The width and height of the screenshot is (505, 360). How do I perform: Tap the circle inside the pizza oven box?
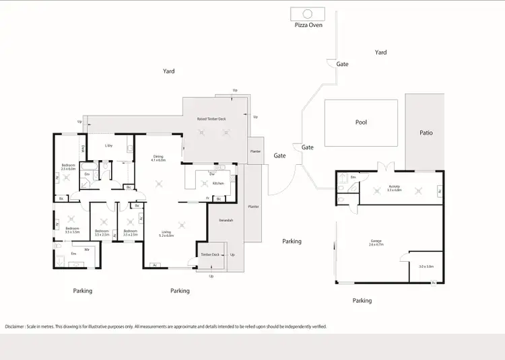click(x=307, y=13)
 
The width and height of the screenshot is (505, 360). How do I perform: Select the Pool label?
click(x=362, y=123)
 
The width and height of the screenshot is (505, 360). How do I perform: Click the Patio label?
click(x=426, y=133)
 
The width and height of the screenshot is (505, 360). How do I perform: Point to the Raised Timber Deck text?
click(x=211, y=118)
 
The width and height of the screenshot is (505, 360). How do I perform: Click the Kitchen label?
click(x=218, y=183)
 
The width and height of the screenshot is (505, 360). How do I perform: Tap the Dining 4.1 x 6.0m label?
click(x=159, y=158)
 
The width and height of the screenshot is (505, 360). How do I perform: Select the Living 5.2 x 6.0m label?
click(x=166, y=234)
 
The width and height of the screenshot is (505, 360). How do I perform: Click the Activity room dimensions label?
click(x=394, y=189)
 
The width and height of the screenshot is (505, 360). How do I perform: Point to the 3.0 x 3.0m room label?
click(x=426, y=266)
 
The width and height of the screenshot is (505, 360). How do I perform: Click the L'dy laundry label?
click(x=108, y=145)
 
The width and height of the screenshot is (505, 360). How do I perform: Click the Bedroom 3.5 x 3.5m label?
click(x=72, y=229)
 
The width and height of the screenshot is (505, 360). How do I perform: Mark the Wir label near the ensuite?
click(x=87, y=250)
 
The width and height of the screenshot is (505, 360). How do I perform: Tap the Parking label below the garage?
click(x=362, y=301)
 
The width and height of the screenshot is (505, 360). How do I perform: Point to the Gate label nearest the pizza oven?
click(x=342, y=65)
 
